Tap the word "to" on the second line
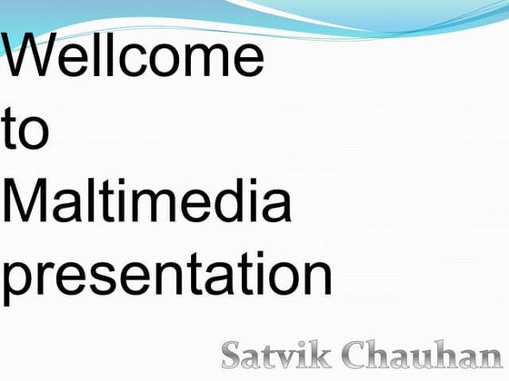(26, 132)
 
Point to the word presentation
(166, 277)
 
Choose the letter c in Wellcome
(138, 60)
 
